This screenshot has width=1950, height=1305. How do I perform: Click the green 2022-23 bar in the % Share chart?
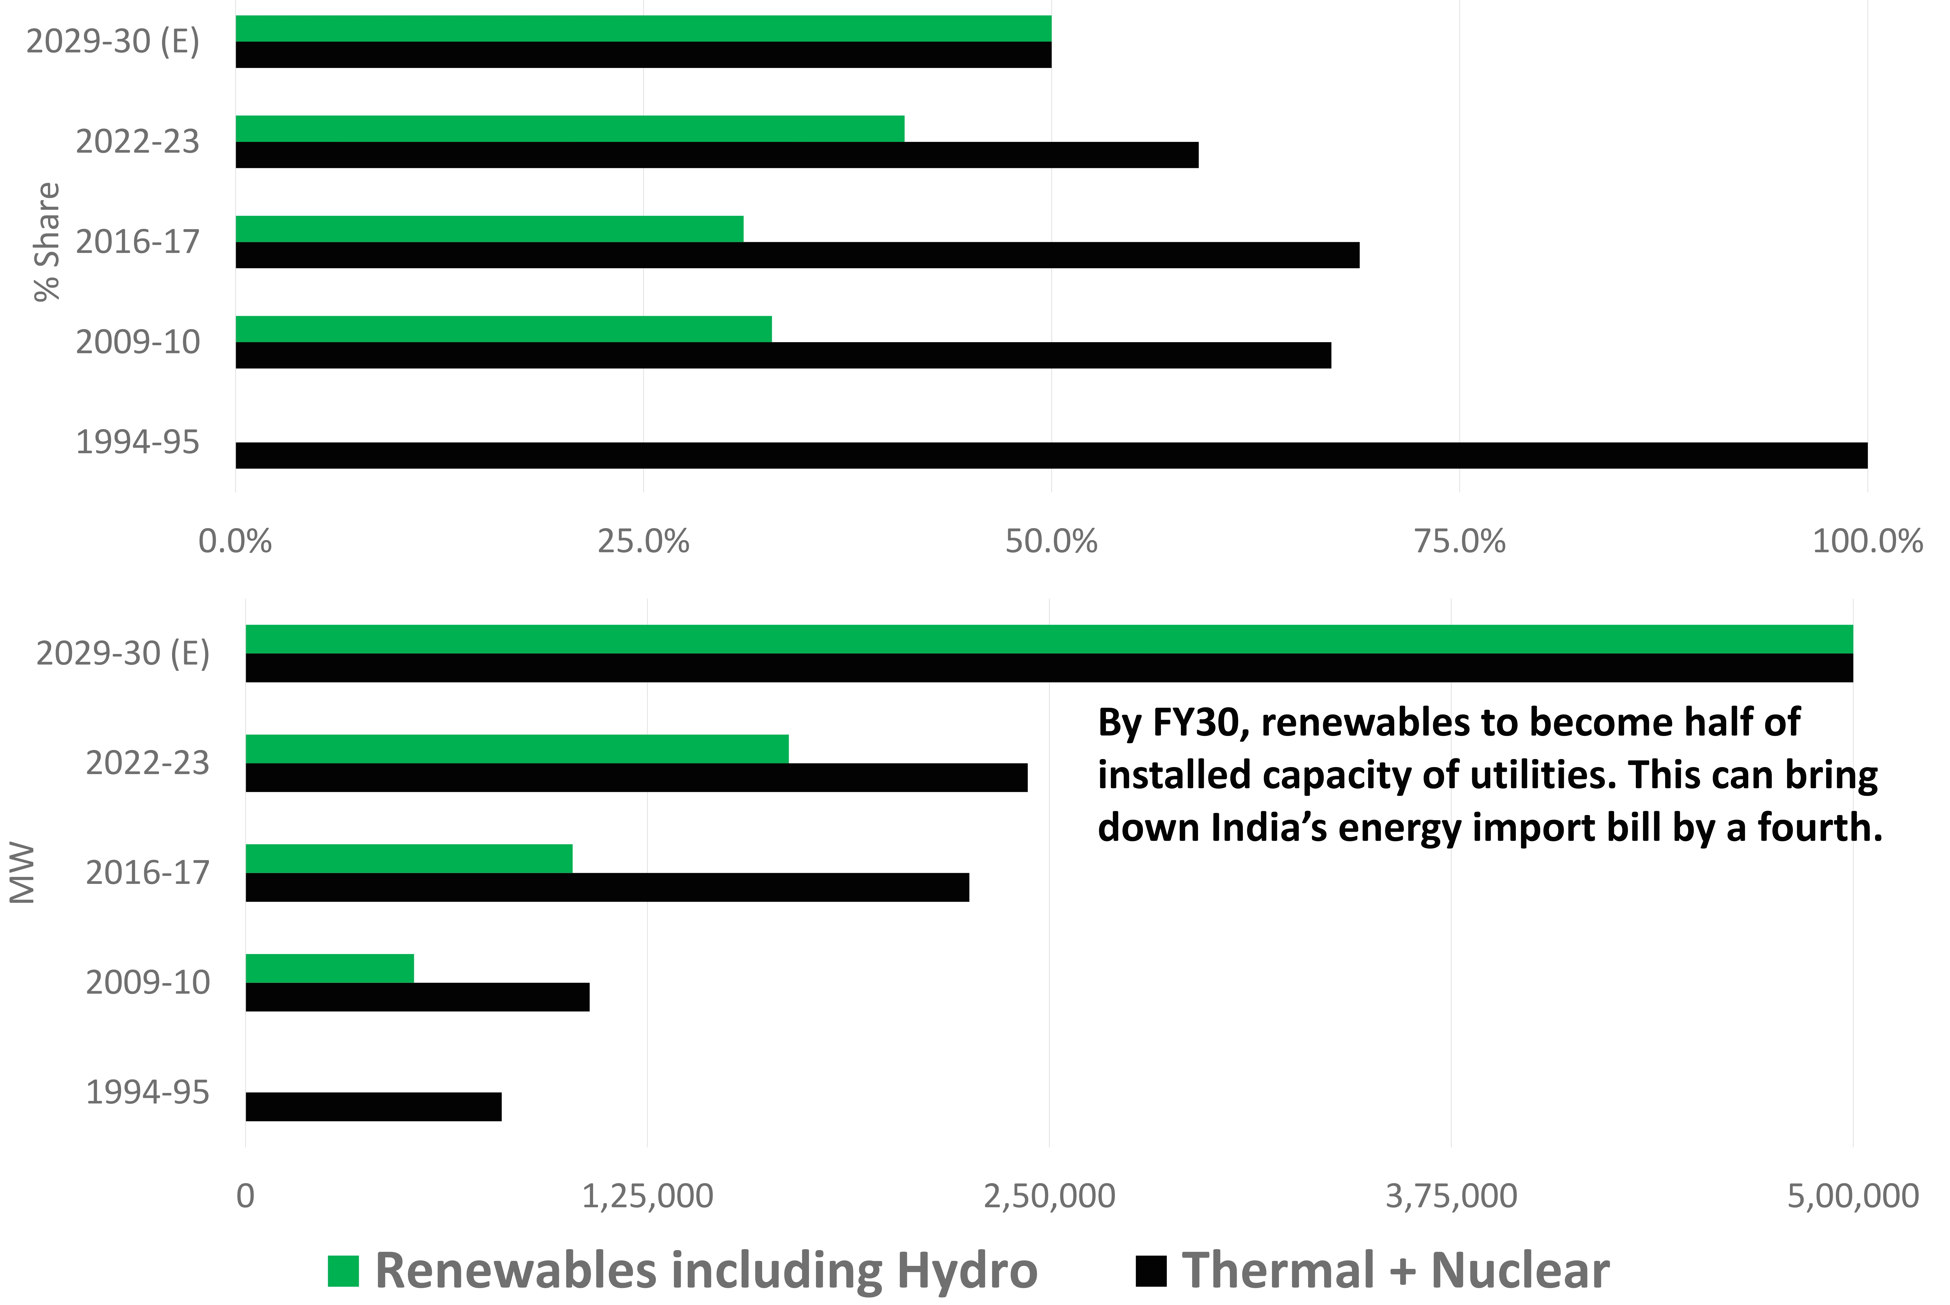tap(570, 129)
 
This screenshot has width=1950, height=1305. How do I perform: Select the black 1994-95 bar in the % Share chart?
tap(1052, 455)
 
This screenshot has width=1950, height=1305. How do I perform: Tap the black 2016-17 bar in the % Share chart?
tap(797, 255)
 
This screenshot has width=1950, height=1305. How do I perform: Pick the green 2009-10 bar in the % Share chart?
tap(503, 329)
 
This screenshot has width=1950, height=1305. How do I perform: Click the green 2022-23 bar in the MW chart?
tap(517, 749)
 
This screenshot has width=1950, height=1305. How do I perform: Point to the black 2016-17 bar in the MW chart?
tap(607, 887)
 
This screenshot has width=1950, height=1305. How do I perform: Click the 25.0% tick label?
tap(643, 542)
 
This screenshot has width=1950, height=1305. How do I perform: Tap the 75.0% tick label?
tap(1460, 542)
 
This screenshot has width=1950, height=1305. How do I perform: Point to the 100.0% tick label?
tap(1867, 542)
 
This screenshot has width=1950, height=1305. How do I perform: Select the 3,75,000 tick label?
tap(1451, 1196)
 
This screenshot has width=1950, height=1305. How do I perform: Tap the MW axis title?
tap(23, 873)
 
